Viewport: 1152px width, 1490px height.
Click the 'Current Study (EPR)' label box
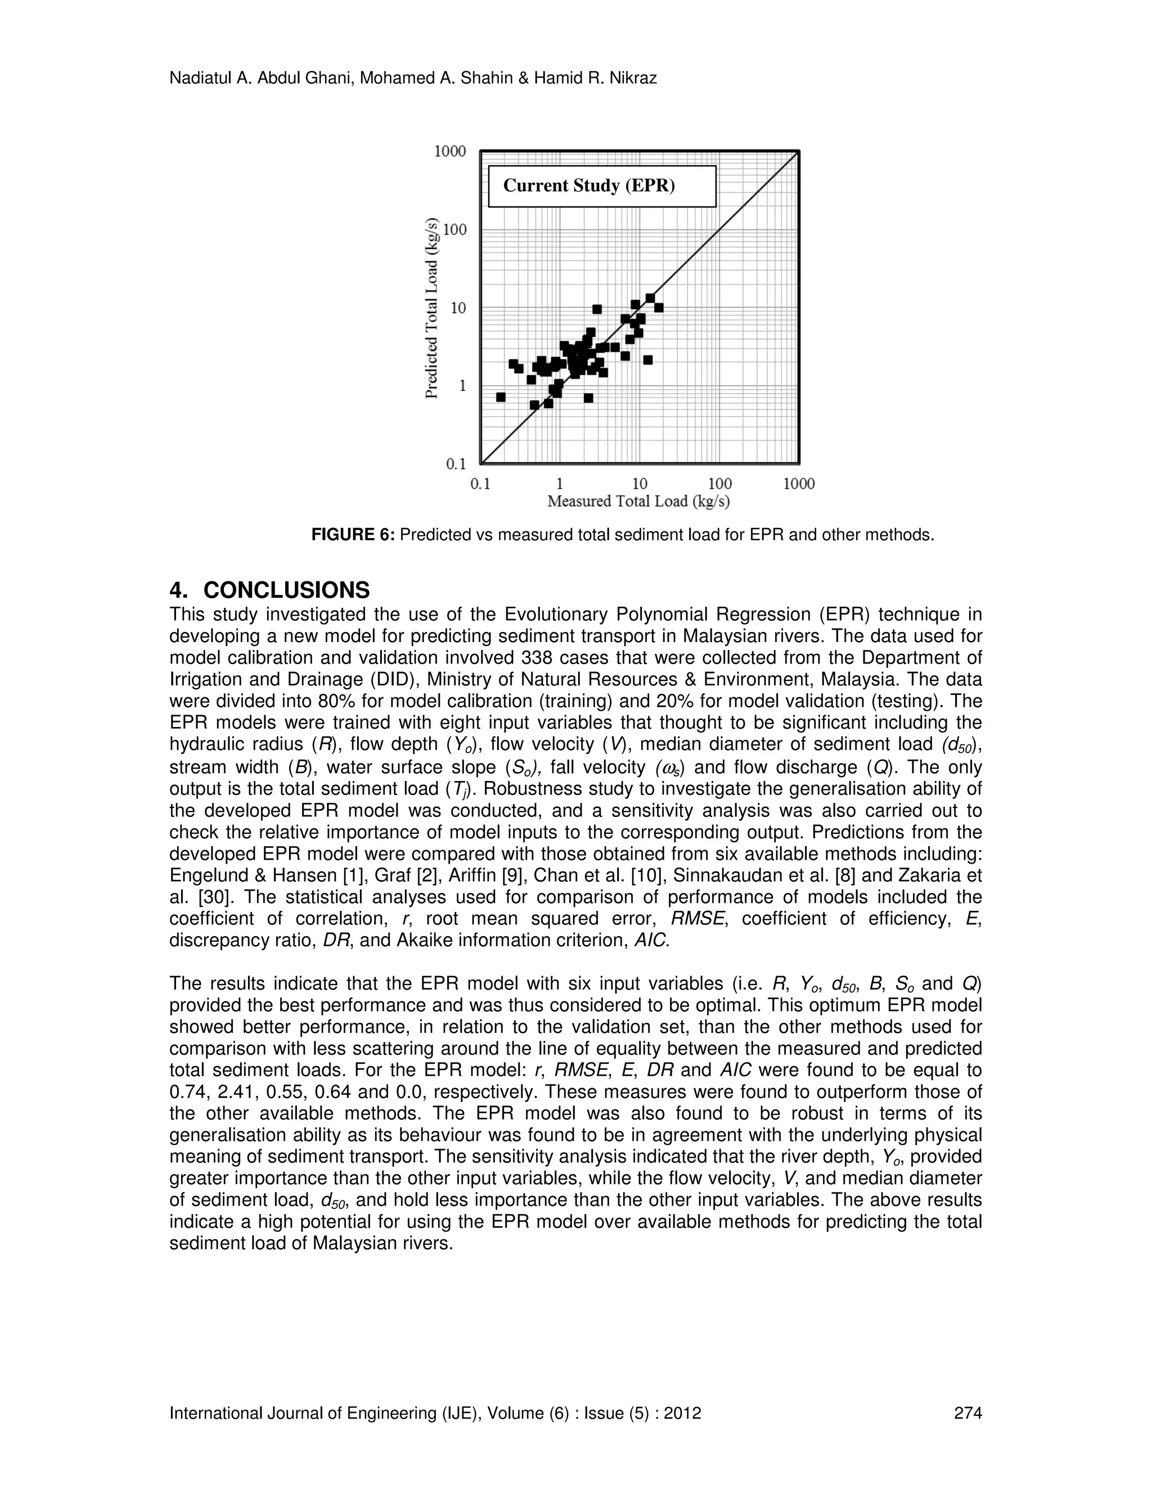602,186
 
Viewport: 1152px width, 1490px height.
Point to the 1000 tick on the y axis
451,151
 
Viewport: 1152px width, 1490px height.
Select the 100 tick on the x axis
719,484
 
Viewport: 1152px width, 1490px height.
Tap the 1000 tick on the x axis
799,484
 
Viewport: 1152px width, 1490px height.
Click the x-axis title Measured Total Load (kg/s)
639,502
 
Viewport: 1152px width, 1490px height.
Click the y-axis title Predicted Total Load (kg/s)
431,308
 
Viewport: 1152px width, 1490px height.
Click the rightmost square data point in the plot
659,308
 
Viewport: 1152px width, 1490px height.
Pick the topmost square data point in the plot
650,298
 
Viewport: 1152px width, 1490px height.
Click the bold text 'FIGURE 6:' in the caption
353,535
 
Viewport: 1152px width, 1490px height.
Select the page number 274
967,1414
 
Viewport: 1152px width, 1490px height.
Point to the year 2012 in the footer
685,1414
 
